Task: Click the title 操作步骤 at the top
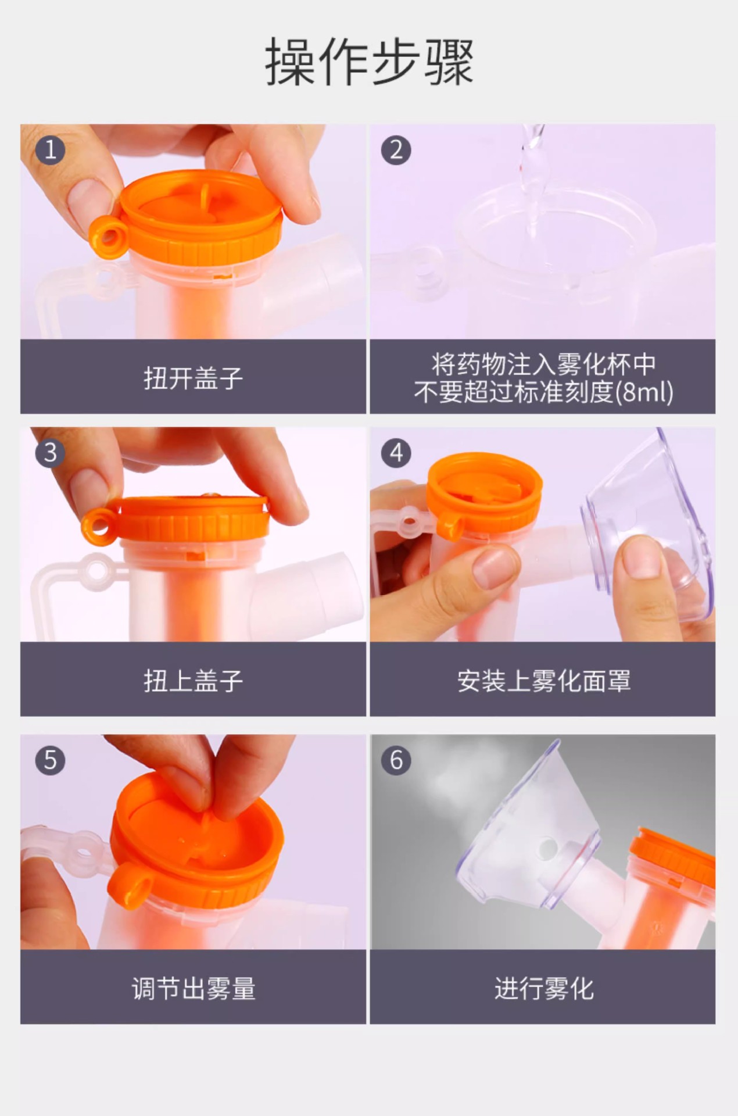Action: [x=369, y=62]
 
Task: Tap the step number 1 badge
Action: [x=50, y=150]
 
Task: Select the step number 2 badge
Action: [x=396, y=150]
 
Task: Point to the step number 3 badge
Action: [x=50, y=453]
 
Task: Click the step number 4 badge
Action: [x=396, y=453]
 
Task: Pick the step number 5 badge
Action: [x=50, y=760]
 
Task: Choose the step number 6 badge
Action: [x=396, y=760]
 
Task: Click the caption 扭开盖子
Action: [x=194, y=378]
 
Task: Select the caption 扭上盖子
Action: [x=194, y=681]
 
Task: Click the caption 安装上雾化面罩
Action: [x=544, y=681]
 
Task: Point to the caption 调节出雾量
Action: [x=194, y=988]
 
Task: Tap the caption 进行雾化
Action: [x=544, y=988]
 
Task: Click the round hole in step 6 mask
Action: [x=547, y=848]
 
